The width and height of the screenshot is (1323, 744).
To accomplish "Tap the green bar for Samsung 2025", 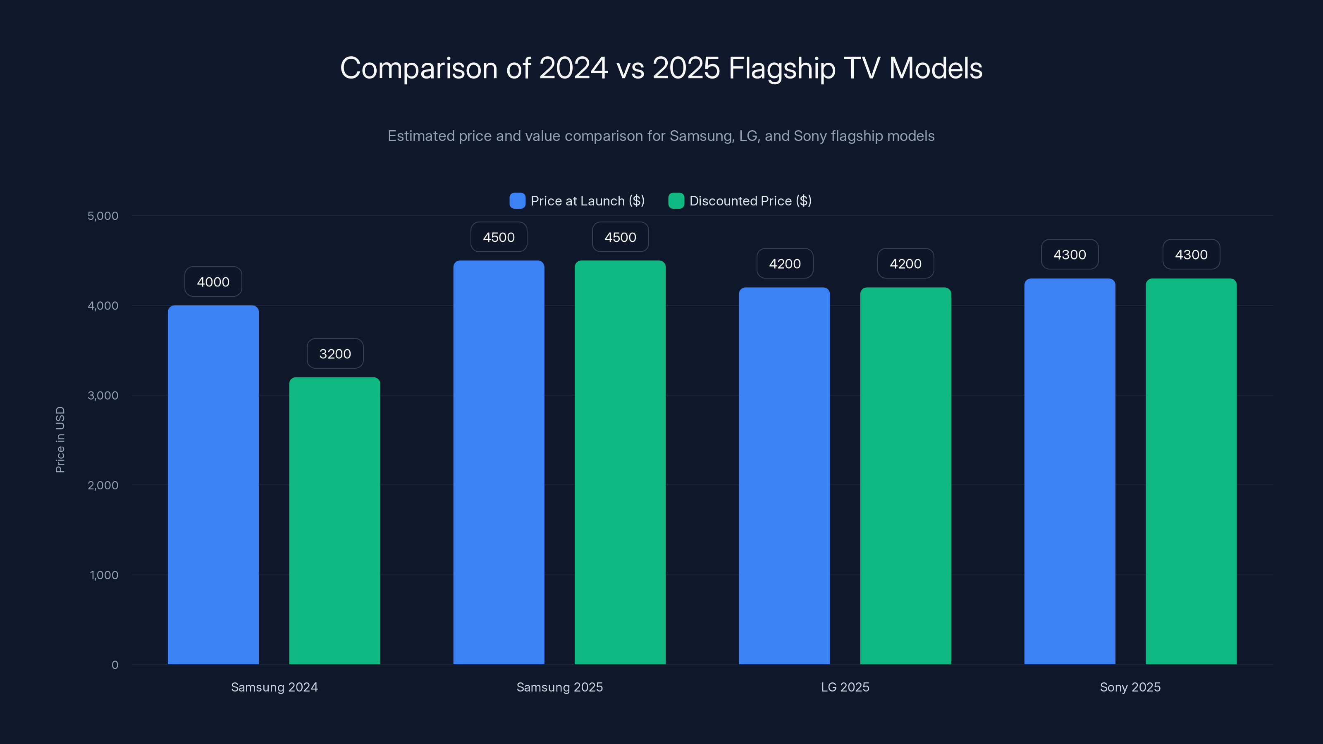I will [x=620, y=462].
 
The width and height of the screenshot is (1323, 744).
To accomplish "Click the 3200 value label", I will [x=335, y=354].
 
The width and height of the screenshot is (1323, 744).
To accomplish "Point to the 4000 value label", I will [x=213, y=282].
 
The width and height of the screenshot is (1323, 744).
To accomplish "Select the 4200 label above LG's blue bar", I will [x=785, y=264].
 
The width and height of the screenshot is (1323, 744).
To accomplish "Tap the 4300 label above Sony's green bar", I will [x=1191, y=255].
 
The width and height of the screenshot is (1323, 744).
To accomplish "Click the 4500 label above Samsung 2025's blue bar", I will [x=499, y=237].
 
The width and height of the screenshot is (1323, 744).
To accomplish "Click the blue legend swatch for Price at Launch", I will [x=517, y=201].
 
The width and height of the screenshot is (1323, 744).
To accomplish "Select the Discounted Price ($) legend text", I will [x=750, y=201].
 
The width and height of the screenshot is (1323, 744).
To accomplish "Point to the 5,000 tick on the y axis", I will [x=103, y=216].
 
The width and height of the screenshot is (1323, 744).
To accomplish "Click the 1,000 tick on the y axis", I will [x=104, y=575].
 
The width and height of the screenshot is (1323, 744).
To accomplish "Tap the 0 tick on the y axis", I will [x=115, y=665].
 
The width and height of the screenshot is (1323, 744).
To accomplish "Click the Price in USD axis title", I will [x=60, y=439].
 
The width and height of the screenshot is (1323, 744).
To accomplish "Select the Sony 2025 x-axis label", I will [x=1130, y=687].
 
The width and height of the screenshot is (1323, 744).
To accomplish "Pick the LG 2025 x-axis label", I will [x=845, y=687].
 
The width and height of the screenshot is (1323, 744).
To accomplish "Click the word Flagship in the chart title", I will [x=782, y=69].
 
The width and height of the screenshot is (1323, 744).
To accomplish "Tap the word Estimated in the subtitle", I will [x=421, y=136].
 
